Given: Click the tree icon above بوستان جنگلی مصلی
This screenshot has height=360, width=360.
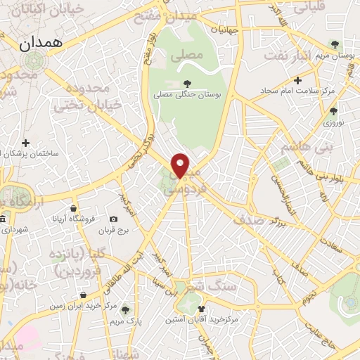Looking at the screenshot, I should click(186, 83).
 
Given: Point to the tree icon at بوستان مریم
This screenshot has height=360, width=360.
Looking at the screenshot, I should click(342, 44).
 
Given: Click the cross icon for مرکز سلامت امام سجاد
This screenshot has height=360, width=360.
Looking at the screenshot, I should click(298, 81).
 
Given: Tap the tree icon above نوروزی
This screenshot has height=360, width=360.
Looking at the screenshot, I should click(333, 111).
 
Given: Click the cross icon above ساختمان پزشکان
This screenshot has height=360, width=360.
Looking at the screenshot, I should click(26, 143).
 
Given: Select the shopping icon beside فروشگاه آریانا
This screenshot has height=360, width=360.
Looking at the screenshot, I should click(73, 208).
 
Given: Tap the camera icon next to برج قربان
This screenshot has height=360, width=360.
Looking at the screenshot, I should click(114, 219).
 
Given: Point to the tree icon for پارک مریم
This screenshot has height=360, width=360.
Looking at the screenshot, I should click(125, 309).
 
